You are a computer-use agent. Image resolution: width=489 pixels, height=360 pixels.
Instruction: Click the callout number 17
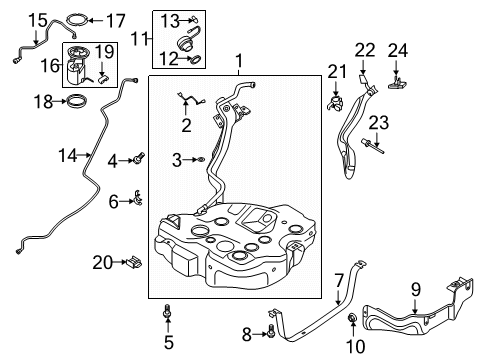[116, 21]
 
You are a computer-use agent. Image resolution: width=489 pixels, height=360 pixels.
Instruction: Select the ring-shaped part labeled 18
[77, 101]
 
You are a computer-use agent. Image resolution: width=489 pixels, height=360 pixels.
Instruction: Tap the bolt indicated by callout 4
[140, 158]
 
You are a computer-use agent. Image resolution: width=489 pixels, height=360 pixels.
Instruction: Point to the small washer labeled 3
[201, 160]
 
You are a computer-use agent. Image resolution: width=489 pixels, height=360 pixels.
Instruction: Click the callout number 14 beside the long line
[68, 156]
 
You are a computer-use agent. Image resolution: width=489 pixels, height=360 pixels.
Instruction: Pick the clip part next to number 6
[138, 197]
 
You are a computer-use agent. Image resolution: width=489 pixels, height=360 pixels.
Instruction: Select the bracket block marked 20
[134, 262]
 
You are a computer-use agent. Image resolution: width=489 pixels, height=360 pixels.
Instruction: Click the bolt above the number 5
[168, 312]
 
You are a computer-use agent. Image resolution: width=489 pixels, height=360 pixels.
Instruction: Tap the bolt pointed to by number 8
[271, 331]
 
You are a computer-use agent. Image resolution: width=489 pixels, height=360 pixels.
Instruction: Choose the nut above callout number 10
[352, 318]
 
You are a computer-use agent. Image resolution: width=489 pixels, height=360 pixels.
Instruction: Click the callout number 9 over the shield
[416, 290]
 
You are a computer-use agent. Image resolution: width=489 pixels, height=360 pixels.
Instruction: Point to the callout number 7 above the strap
[339, 281]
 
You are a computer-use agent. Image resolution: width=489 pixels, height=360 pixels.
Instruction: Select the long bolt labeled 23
[372, 147]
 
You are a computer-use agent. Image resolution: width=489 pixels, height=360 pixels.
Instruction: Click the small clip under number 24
[397, 83]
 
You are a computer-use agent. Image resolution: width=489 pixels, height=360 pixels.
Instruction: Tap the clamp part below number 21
[335, 103]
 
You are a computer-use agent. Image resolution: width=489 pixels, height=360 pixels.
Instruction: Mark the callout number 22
[365, 50]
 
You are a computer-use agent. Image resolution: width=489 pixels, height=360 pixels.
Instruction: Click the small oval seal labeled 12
[196, 59]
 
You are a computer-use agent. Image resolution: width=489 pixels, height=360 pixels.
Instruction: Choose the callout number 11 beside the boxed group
[139, 39]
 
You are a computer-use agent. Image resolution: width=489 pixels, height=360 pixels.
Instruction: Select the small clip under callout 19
[103, 79]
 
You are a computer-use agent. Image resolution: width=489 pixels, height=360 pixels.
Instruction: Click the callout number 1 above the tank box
[239, 61]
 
